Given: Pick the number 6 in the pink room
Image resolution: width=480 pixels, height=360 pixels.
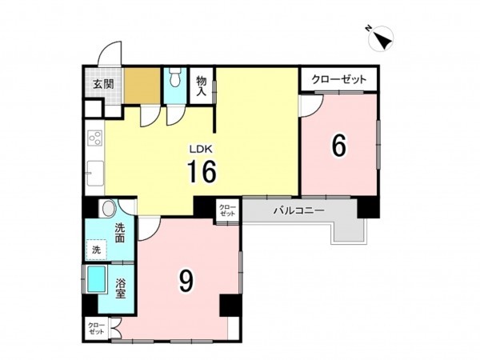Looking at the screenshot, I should (339, 146).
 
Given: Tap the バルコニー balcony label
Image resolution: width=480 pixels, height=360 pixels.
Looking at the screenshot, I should (297, 210).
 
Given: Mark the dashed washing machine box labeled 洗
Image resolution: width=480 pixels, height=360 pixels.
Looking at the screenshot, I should (97, 249).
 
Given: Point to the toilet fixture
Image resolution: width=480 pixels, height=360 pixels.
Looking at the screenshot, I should (175, 81).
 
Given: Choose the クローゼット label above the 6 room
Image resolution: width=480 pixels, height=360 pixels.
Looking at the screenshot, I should (338, 79).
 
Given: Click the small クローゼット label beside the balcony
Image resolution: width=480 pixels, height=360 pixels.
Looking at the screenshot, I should (228, 210).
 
